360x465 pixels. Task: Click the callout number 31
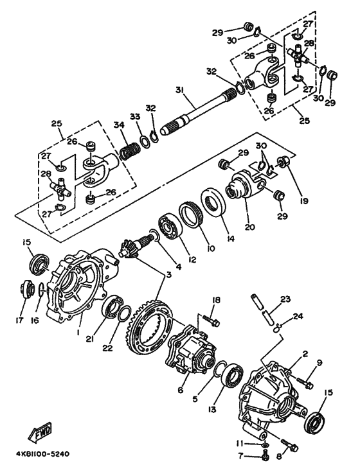tap(179, 90)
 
